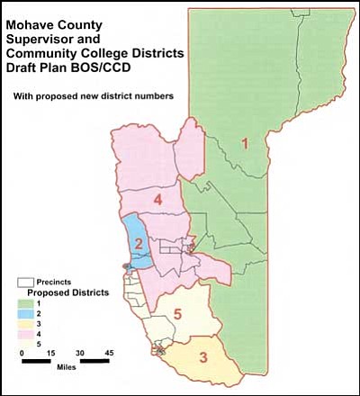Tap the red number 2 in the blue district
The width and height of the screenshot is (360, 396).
click(x=139, y=244)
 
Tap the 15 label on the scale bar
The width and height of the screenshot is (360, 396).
click(x=51, y=353)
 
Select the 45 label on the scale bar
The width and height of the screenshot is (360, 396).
click(x=109, y=353)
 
